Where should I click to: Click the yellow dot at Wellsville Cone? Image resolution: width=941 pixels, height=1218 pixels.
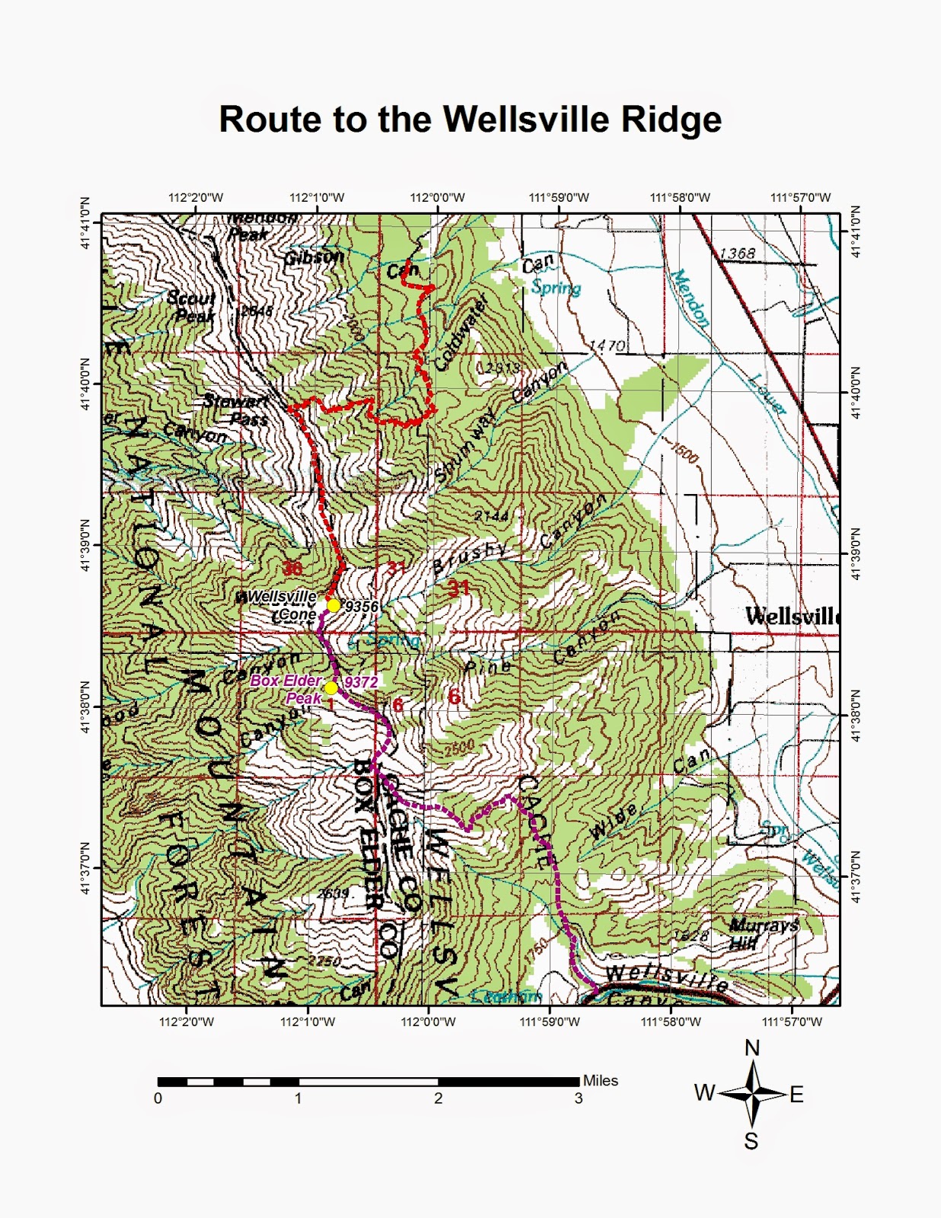333,605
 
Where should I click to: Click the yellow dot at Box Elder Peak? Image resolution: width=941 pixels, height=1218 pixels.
331,688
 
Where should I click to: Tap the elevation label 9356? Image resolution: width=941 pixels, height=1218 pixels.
362,607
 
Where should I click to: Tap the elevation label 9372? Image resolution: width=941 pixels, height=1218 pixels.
361,682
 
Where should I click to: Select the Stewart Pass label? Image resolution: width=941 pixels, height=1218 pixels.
237,410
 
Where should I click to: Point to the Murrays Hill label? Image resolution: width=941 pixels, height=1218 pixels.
762,933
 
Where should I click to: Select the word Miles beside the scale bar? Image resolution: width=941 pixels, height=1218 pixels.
600,1080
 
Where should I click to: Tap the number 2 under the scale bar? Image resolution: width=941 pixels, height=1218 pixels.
438,1098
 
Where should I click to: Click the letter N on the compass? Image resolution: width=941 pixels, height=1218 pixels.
752,1048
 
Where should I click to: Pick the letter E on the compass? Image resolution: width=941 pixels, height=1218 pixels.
796,1095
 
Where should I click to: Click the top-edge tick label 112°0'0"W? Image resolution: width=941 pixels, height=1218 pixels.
437,198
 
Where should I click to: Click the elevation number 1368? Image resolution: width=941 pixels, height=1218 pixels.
737,253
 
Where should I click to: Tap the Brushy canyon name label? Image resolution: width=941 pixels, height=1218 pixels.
470,559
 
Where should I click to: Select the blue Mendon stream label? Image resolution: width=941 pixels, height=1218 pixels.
691,299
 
